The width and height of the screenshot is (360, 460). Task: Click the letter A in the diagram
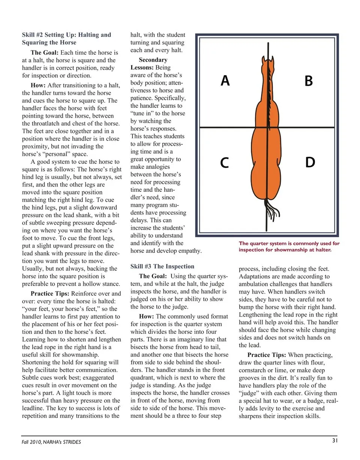coord(225,81)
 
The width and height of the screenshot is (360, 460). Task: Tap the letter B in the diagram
coord(309,81)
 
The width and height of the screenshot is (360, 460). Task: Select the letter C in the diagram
coord(224,163)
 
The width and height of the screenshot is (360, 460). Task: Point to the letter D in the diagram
coord(310,163)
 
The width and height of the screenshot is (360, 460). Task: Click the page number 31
coord(335,441)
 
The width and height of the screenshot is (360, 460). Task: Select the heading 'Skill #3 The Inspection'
coord(162,266)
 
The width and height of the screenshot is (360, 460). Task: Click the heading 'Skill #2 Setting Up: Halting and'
coord(66,35)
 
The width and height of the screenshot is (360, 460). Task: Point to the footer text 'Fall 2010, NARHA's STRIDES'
coord(51,442)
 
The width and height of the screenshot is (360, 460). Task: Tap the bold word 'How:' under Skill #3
coord(147,316)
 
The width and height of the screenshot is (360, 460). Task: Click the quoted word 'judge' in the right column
coord(249,393)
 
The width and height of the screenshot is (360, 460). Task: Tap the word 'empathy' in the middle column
coord(189,251)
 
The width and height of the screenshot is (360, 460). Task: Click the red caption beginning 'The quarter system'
coord(289,246)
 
